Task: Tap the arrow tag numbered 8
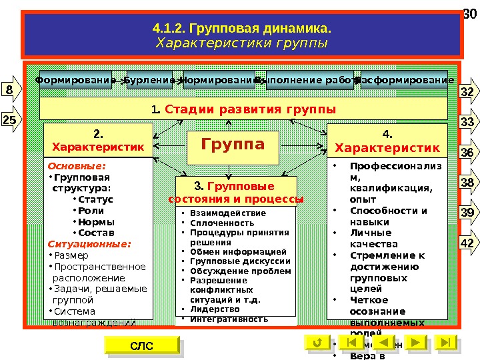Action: coord(10,89)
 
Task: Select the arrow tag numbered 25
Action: coord(10,120)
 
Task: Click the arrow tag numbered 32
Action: coord(468,91)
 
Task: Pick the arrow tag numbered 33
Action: coord(468,122)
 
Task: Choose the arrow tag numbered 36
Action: coord(468,153)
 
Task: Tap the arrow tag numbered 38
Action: coord(468,183)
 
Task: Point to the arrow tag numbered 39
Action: coord(468,213)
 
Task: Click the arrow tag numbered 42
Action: coord(468,243)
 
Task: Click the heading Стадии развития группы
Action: coord(243,109)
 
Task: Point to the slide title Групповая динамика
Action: coord(241,29)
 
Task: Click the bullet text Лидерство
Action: coord(215,309)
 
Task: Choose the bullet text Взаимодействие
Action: coord(228,213)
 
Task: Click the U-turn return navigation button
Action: coord(317,343)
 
